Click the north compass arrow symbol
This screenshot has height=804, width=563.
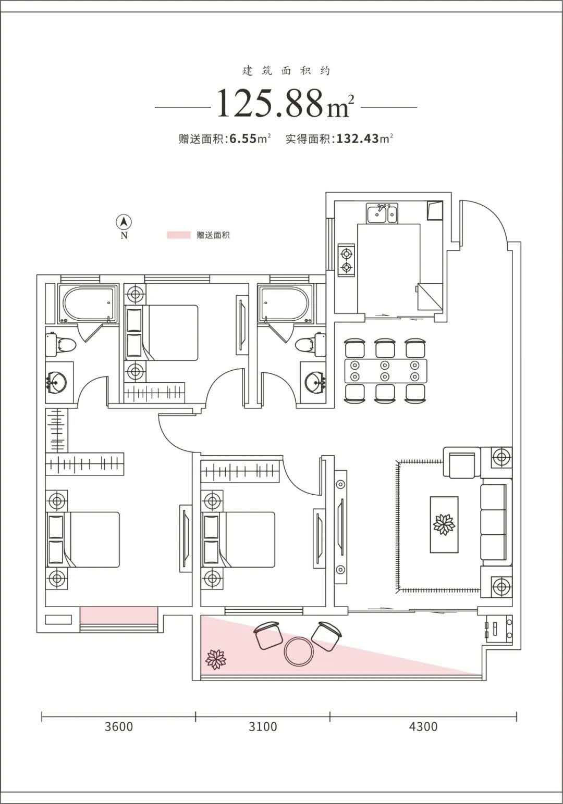(124, 222)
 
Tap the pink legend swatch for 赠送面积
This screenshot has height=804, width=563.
(179, 235)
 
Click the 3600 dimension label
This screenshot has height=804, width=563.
(119, 726)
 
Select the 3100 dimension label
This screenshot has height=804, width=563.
(263, 726)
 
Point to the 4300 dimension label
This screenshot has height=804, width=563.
(423, 726)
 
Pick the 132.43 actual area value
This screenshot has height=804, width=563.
(358, 139)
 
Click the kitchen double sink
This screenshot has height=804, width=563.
(382, 213)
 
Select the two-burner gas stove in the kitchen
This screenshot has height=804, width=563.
(346, 260)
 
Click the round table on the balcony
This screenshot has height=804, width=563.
(299, 651)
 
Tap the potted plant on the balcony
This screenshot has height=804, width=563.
(216, 659)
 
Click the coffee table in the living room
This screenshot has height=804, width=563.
(444, 524)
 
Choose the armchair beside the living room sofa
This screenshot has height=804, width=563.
(462, 462)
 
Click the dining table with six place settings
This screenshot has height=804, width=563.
(386, 371)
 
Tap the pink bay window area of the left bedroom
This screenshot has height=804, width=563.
(119, 615)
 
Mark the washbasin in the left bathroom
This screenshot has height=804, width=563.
(56, 382)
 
